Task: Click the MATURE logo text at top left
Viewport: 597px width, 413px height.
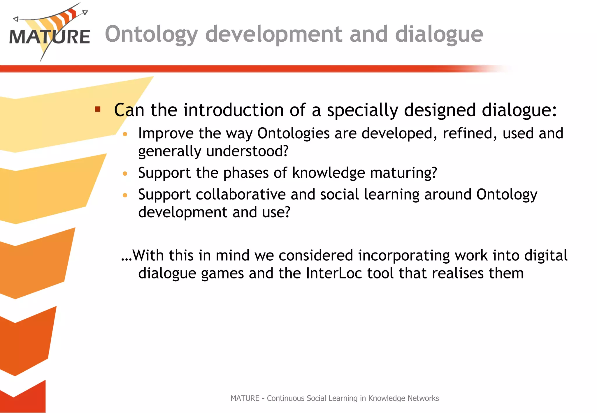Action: coord(50,37)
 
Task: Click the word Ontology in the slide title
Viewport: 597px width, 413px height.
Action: coord(151,34)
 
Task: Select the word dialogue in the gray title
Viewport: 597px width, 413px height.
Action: coord(439,34)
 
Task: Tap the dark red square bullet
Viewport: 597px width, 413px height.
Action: coord(98,110)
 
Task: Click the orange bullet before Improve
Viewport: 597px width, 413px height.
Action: coord(125,134)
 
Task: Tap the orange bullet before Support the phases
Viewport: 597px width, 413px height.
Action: coord(125,174)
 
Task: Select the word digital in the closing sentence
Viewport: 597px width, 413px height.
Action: coord(546,255)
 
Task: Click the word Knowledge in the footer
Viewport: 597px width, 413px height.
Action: coord(387,398)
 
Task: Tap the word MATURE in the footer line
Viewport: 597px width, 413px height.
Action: coord(245,398)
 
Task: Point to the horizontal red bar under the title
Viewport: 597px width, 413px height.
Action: coord(233,69)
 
